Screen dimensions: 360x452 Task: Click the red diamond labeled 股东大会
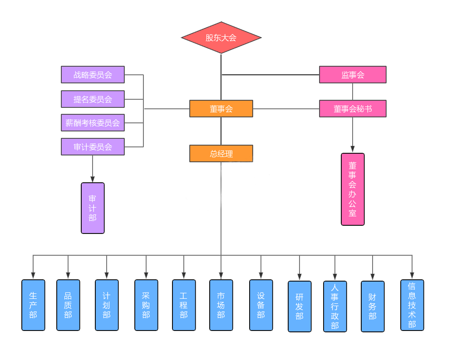(221, 38)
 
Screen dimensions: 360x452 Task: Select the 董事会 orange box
(221, 109)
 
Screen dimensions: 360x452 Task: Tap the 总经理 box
(221, 154)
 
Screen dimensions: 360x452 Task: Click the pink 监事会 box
(353, 75)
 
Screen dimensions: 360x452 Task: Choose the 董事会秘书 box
(353, 109)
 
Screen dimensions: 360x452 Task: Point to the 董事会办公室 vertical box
(353, 189)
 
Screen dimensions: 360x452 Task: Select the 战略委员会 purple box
(93, 75)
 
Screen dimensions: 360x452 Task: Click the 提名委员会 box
(93, 99)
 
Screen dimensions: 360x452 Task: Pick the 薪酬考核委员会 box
(93, 123)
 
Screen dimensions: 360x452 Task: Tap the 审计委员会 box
(93, 147)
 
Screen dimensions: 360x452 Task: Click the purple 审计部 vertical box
(93, 208)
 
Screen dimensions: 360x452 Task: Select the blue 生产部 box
(33, 305)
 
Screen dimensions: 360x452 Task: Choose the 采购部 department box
(146, 305)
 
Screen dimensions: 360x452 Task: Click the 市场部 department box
(221, 305)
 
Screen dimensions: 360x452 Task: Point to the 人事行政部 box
(335, 306)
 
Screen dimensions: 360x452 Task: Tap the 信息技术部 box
(412, 305)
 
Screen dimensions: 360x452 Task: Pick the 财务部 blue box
(373, 306)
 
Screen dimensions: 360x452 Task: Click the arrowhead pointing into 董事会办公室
(353, 149)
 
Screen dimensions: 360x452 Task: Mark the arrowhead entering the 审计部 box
(93, 179)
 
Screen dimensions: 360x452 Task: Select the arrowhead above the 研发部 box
(300, 276)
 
